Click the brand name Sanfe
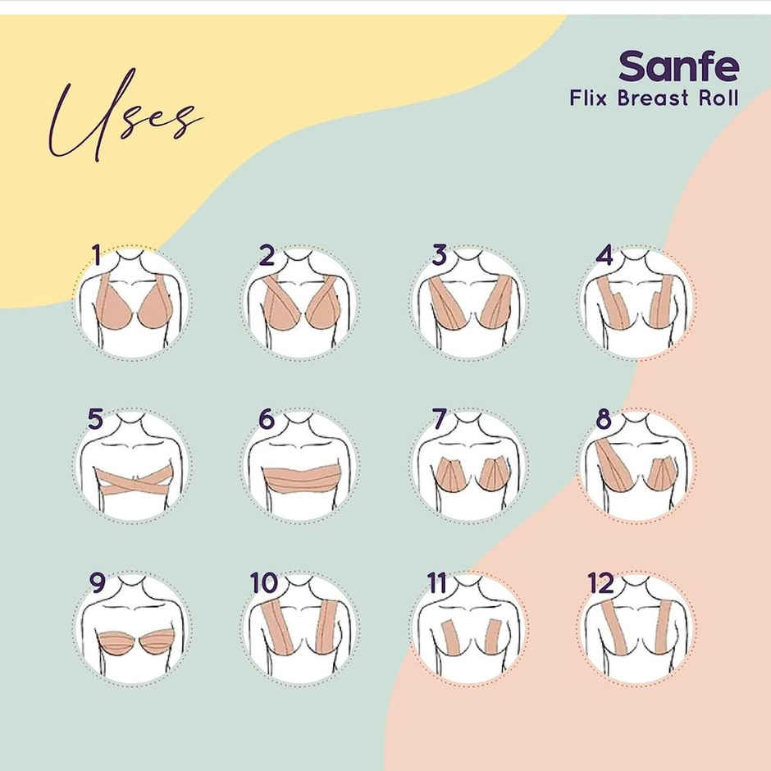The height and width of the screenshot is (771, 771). (x=678, y=66)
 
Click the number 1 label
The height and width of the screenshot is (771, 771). (x=97, y=256)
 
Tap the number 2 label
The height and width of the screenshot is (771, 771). (x=267, y=256)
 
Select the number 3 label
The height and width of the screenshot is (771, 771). (x=440, y=256)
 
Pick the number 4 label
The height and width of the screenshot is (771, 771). (x=605, y=255)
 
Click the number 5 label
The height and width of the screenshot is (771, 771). (x=96, y=419)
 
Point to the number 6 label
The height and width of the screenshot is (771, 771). (x=267, y=419)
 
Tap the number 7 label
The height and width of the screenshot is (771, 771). (x=440, y=419)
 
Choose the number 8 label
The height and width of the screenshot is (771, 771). (x=604, y=419)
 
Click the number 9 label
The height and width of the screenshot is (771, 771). (x=98, y=583)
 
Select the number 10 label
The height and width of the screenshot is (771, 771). (x=264, y=583)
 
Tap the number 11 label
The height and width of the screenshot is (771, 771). (x=437, y=583)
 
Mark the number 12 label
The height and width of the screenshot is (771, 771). (x=601, y=583)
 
